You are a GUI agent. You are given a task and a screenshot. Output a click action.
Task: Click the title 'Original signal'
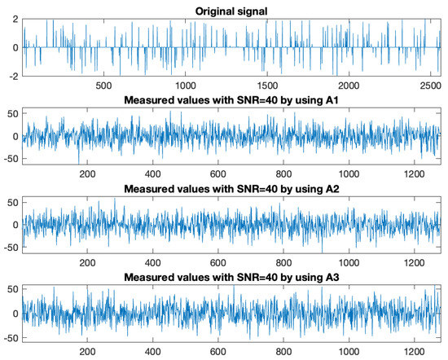click(x=232, y=10)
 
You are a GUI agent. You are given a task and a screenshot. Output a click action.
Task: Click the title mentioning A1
click(x=232, y=99)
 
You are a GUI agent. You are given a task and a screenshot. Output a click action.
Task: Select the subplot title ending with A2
click(x=232, y=188)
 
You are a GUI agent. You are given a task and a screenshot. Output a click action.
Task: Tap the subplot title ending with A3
click(x=232, y=277)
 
